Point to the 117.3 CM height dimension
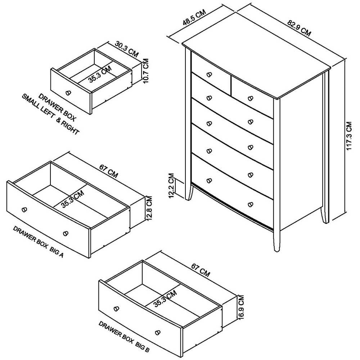348,136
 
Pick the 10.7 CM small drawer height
145,71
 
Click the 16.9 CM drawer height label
241,307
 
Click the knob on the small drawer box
68,93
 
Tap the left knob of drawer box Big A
24,210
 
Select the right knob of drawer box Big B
157,332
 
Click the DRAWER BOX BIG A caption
38,242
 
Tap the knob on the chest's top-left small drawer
209,75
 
